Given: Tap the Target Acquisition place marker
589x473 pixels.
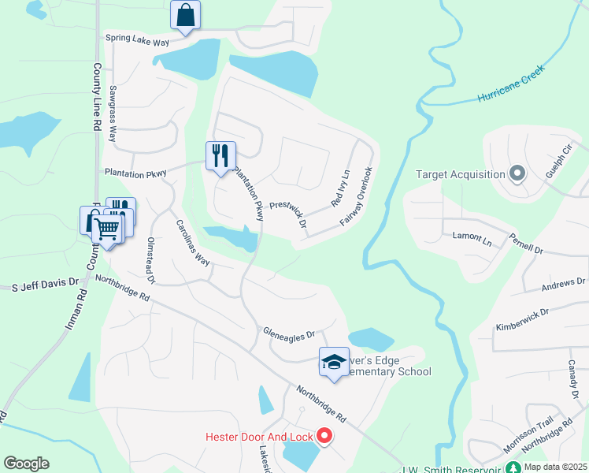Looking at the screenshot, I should [x=517, y=173].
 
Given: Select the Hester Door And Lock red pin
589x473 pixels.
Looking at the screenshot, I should [x=324, y=435].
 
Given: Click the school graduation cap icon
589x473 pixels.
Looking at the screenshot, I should [x=334, y=362].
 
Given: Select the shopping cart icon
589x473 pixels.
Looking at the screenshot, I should [x=107, y=229].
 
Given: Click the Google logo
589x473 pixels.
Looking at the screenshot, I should [x=27, y=463].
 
